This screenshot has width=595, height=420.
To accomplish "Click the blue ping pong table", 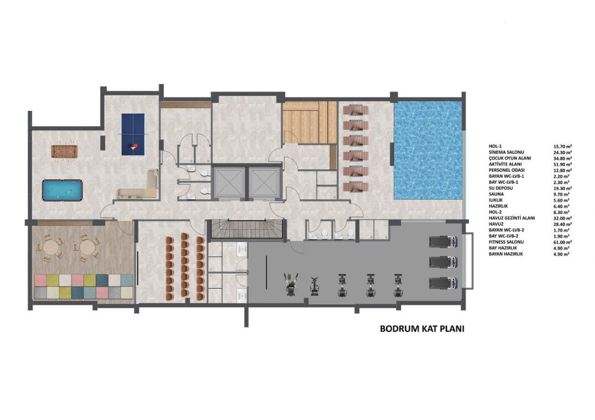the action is [x=133, y=135].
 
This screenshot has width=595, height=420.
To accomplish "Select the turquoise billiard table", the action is [x=62, y=190].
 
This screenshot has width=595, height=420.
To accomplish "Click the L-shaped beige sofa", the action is [x=138, y=184].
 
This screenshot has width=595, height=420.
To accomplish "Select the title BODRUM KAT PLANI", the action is [x=422, y=329].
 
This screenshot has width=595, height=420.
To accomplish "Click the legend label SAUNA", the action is [x=495, y=194].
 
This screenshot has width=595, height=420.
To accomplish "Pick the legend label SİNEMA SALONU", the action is [x=506, y=152].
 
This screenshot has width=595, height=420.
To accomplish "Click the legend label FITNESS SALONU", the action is [x=506, y=242].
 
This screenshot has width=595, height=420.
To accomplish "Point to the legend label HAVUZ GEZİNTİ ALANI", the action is [x=512, y=218].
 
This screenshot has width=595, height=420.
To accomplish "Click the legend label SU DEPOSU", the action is [x=501, y=188].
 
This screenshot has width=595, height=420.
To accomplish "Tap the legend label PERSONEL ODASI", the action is [x=507, y=170].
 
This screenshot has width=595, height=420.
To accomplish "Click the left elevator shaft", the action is [x=229, y=183].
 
